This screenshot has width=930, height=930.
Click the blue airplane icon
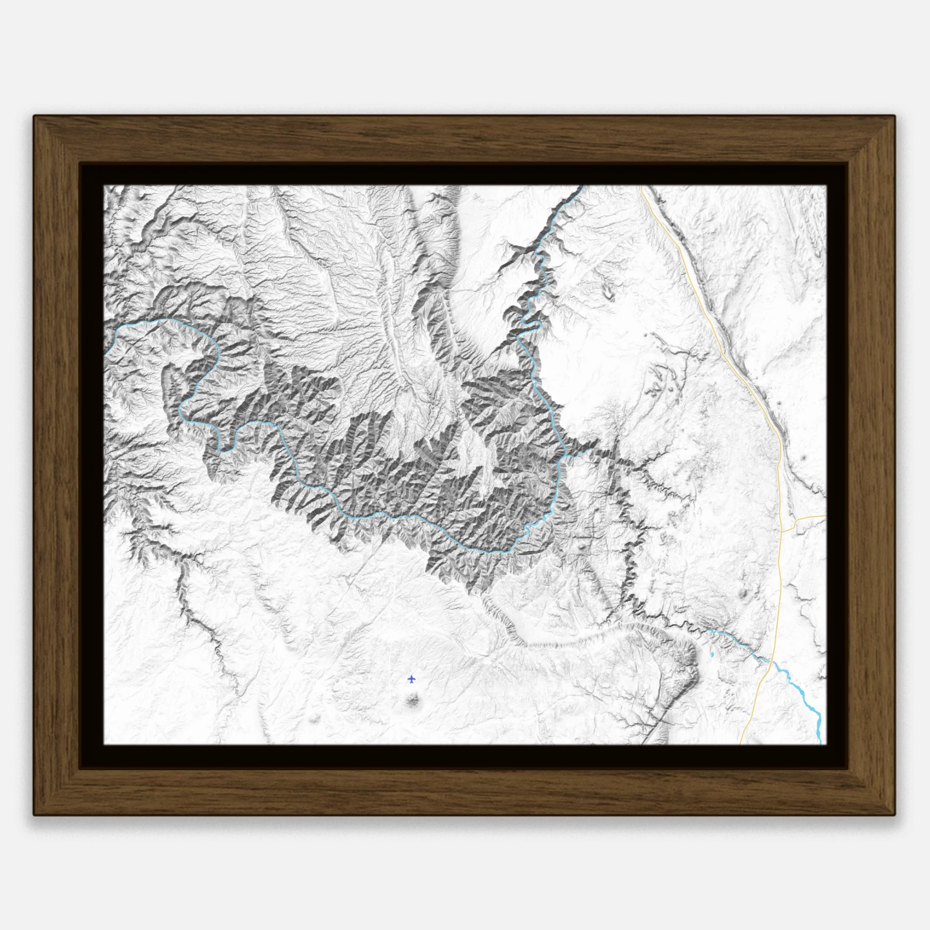pyautogui.click(x=411, y=679)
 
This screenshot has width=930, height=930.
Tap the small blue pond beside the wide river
pyautogui.click(x=712, y=655)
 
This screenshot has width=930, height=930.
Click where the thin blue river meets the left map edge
pyautogui.click(x=104, y=355)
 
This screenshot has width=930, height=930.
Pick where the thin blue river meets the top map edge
pyautogui.click(x=583, y=186)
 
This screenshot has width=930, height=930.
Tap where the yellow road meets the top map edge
pyautogui.click(x=642, y=186)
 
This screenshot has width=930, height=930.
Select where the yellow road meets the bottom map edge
pyautogui.click(x=740, y=744)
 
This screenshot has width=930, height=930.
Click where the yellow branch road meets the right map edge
pyautogui.click(x=826, y=515)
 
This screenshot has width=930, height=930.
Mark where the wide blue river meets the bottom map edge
pyautogui.click(x=820, y=744)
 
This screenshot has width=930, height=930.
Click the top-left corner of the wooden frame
pyautogui.click(x=34, y=115)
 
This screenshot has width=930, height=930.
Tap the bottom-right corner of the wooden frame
pyautogui.click(x=895, y=815)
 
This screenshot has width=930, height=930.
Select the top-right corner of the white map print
pyautogui.click(x=826, y=185)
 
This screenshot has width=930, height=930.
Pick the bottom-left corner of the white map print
pyautogui.click(x=104, y=744)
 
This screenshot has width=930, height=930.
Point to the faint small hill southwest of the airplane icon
pyautogui.click(x=316, y=718)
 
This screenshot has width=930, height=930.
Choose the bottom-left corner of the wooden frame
pyautogui.click(x=34, y=815)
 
